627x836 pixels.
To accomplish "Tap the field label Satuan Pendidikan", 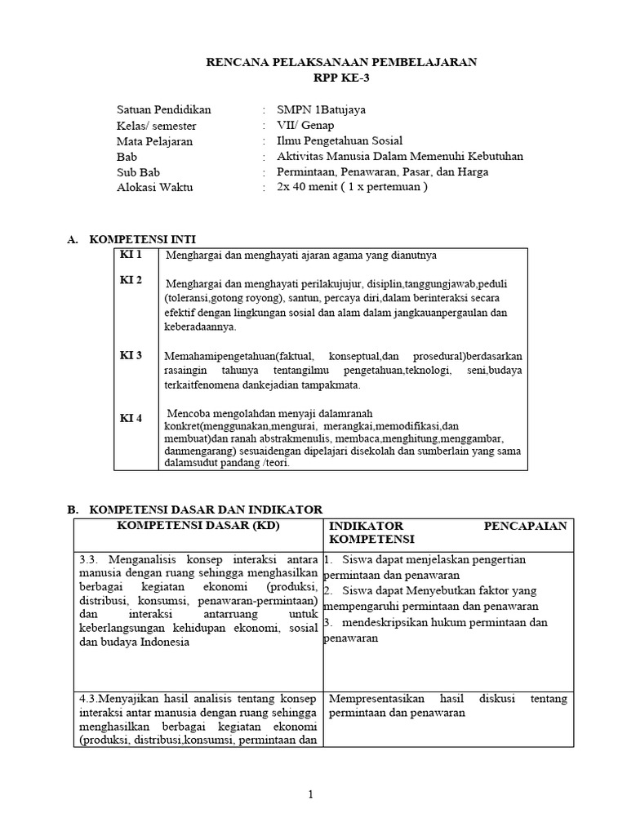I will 164,109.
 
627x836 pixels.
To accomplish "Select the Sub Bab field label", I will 138,171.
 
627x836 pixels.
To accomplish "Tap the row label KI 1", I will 131,255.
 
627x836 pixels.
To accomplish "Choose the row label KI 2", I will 131,280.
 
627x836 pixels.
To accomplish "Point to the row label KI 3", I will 131,355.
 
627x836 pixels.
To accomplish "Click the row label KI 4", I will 131,418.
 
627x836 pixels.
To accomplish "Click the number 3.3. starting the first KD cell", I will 91,559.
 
